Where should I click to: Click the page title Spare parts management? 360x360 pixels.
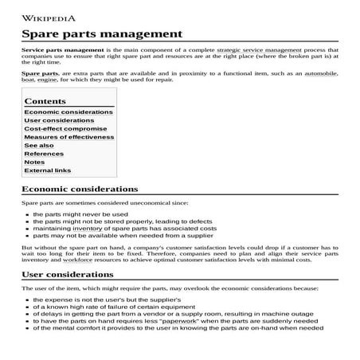101,34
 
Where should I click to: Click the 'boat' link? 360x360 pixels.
29,80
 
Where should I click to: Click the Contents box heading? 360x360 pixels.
45,101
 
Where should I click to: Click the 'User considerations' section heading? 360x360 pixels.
68,275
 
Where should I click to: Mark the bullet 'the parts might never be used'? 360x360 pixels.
80,214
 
